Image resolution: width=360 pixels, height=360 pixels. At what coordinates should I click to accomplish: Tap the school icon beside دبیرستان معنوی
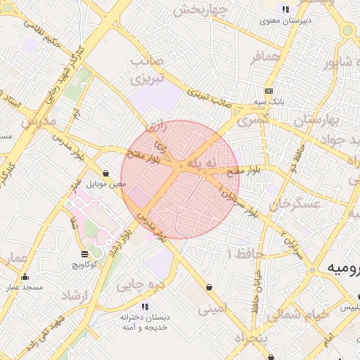coord(285,10)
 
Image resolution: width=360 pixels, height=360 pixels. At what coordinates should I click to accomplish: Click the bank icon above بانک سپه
coord(269,91)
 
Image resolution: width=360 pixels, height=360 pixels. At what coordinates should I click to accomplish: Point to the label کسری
coord(252,120)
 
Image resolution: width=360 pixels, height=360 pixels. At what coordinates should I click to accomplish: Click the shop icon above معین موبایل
coord(105,173)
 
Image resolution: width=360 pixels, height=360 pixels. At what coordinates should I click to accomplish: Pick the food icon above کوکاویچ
coord(84,254)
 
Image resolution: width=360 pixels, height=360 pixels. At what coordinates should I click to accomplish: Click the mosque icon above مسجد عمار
coord(25,276)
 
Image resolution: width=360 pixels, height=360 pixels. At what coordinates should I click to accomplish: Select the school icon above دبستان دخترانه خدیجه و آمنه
coord(145,307)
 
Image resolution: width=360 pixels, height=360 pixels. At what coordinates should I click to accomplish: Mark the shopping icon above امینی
coord(210,287)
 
